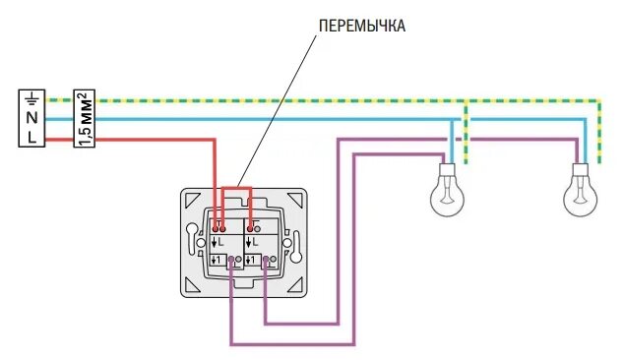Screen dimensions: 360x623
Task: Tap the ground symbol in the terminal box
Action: [x=31, y=98]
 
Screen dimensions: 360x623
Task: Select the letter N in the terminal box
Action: [x=31, y=117]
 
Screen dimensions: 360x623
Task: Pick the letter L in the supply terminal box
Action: [x=31, y=138]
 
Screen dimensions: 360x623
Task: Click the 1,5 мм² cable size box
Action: [x=85, y=119]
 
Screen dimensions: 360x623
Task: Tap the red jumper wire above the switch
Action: [x=236, y=187]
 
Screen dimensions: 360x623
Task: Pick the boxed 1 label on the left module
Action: [x=219, y=261]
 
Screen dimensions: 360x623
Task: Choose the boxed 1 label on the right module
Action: [x=252, y=261]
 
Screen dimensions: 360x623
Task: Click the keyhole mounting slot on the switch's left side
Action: [x=202, y=243]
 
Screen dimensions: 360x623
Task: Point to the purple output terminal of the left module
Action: [x=231, y=261]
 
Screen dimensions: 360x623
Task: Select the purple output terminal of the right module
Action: [x=265, y=261]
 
